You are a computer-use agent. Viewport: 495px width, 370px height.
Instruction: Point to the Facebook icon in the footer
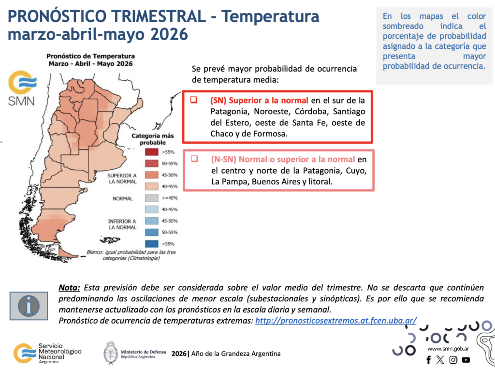[428, 359]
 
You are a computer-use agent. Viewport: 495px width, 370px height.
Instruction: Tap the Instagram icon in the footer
[453, 359]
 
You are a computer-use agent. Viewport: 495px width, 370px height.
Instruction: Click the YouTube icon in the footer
[466, 359]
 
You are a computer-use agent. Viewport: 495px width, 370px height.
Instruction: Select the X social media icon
[440, 359]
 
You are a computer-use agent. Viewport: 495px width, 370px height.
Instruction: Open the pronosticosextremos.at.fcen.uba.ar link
[336, 320]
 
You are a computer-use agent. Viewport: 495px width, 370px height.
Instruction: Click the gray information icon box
[29, 306]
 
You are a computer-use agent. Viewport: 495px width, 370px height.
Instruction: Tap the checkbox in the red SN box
[193, 101]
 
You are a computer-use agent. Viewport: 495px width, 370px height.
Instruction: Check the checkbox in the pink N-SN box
[194, 159]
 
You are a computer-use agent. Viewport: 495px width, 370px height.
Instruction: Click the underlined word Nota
[69, 287]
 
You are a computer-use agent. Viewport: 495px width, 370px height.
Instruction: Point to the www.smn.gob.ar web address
[447, 348]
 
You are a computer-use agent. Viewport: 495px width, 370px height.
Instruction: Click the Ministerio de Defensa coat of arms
[110, 353]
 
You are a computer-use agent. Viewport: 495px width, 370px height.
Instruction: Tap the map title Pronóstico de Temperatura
[90, 56]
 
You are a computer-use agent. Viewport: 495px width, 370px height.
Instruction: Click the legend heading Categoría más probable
[153, 139]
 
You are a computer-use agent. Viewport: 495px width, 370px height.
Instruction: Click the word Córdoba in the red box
[304, 111]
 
